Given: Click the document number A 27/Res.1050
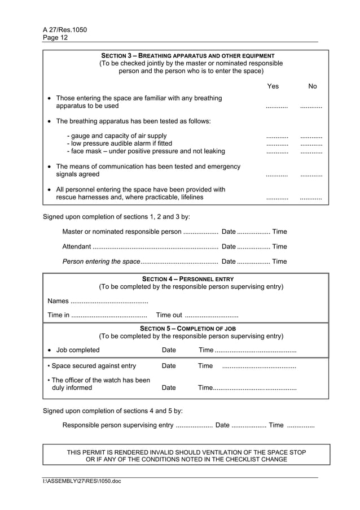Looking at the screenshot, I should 64,30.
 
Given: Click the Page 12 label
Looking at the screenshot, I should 55,38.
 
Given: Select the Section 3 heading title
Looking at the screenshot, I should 187,56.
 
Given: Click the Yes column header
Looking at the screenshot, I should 273,86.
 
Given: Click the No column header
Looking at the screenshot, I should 313,86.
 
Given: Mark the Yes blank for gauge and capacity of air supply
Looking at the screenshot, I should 276,137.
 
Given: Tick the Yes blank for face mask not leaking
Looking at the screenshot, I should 276,152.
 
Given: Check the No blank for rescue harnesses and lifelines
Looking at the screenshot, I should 311,198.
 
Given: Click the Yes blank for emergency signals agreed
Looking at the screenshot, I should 276,175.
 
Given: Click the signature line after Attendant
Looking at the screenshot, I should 155,247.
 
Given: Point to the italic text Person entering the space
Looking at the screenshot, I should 101,261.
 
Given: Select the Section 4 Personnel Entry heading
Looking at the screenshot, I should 187,279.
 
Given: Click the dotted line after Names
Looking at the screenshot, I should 109,302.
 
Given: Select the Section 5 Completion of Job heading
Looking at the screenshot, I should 187,328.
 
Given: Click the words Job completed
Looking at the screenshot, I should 78,350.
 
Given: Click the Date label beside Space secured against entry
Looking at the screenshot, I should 169,366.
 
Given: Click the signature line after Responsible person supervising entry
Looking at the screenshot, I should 194,426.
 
